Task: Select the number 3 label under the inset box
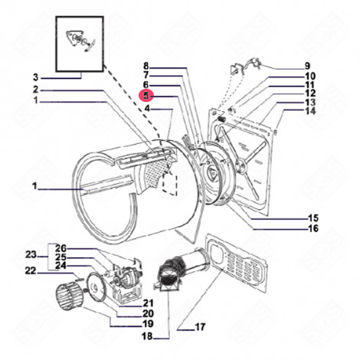pos(34,77)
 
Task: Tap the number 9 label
pos(307,66)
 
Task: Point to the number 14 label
pos(309,111)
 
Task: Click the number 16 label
pos(313,228)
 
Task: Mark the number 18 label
pos(146,336)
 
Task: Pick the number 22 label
pos(31,270)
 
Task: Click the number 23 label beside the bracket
pos(31,255)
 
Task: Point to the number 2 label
pos(34,90)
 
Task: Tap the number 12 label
pos(309,93)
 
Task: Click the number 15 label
pos(313,217)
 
